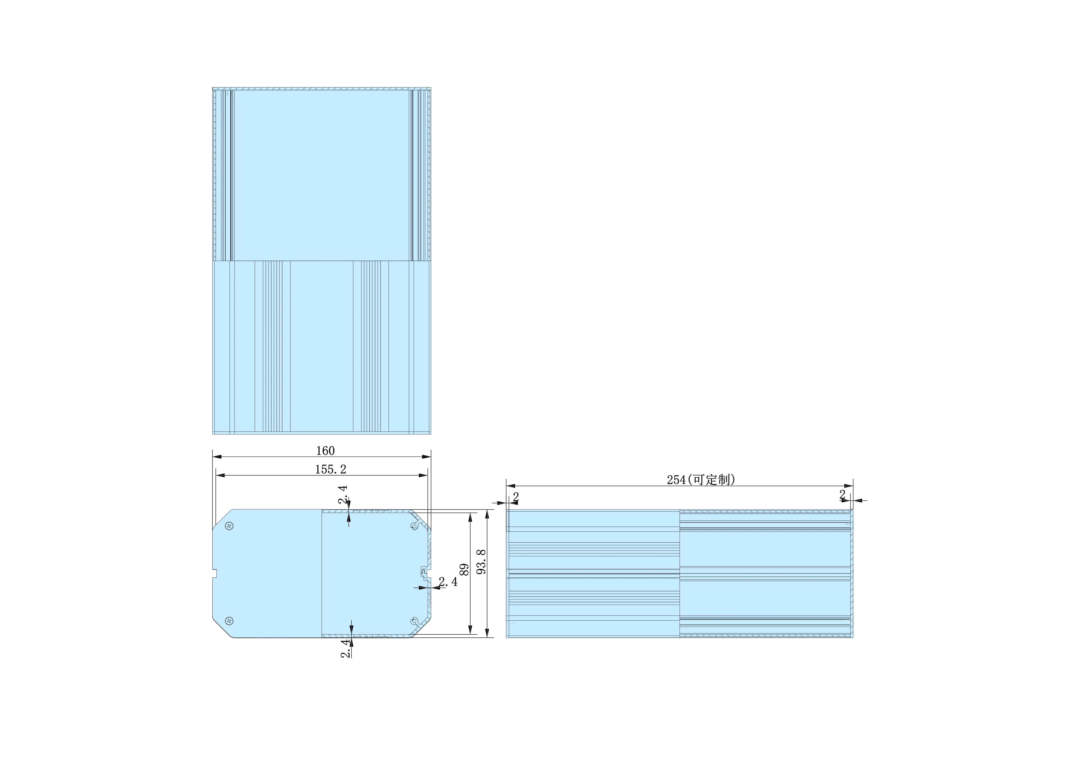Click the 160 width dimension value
pos(325,451)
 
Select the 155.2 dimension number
pos(330,469)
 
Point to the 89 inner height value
pos(464,570)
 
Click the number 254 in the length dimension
pos(676,480)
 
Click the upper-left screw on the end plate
pos(229,526)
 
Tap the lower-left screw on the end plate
pos(229,621)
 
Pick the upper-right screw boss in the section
pos(414,526)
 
